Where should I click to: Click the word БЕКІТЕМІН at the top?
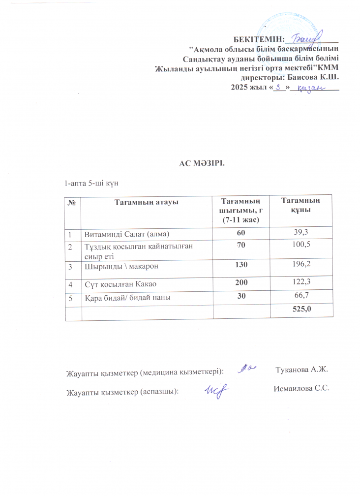[x=259, y=39]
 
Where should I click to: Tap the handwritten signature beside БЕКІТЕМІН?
[x=305, y=36]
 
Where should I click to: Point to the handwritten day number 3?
[x=279, y=87]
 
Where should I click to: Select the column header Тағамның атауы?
[x=146, y=202]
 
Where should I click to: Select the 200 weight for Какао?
[x=241, y=283]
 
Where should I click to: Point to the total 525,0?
[x=300, y=310]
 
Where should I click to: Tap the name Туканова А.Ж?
[x=301, y=370]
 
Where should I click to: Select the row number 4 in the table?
[x=71, y=284]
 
